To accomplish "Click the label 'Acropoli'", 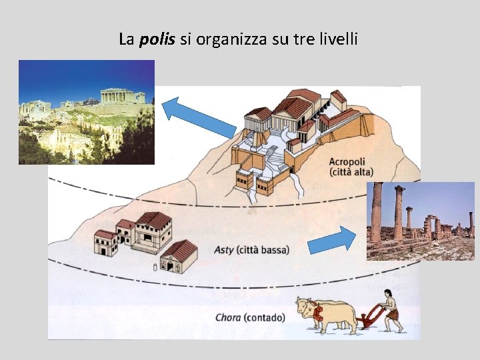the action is coord(347,162).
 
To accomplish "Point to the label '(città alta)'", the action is coord(352,172).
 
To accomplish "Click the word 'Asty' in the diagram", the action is coord(224,250).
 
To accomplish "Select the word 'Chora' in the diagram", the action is coord(227,317).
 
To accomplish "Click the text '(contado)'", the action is coord(264,317).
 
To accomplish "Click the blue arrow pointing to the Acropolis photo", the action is coord(199,117).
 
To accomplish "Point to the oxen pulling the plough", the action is coord(326,314).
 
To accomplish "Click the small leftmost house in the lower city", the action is coord(105,244).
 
